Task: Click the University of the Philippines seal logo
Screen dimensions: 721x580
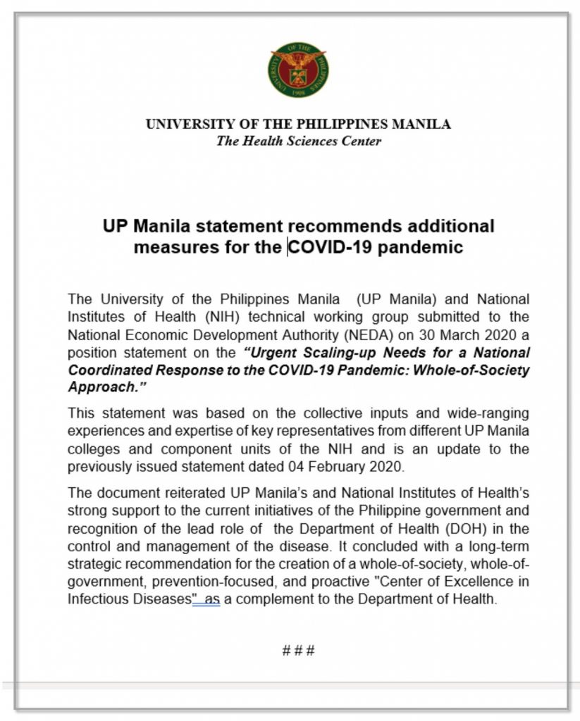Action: tap(298, 69)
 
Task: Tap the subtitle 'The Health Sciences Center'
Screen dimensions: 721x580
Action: tap(298, 141)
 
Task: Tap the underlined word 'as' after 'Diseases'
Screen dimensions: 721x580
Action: tap(211, 600)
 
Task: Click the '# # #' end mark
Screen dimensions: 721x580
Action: tap(298, 651)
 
